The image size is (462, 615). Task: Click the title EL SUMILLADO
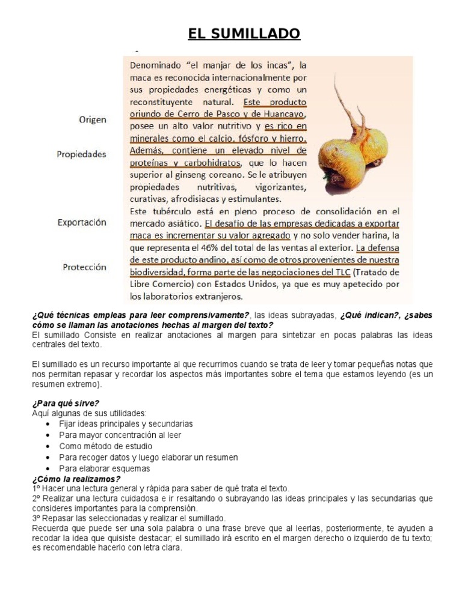[x=244, y=34]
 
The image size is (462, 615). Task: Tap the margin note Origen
[x=92, y=120]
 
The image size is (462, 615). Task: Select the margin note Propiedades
[x=81, y=154]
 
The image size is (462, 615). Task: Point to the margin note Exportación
[x=82, y=222]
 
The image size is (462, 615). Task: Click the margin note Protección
[x=84, y=267]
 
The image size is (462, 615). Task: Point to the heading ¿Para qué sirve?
[x=66, y=403]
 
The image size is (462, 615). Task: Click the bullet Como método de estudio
[x=105, y=446]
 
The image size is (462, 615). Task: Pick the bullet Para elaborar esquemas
[x=104, y=468]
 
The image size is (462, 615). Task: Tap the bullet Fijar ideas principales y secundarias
[x=126, y=424]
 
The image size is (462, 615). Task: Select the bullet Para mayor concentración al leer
[x=120, y=435]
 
